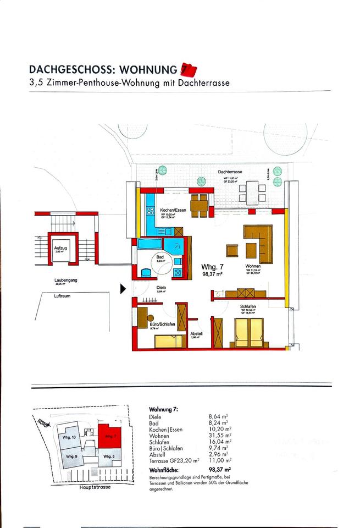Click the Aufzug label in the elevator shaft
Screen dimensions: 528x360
[59, 249]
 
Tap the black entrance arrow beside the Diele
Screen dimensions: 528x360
[123, 288]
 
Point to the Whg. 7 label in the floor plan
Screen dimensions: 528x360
[212, 266]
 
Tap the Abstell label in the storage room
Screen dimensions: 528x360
[197, 333]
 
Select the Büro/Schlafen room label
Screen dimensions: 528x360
[163, 325]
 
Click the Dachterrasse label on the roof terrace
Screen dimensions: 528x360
[230, 172]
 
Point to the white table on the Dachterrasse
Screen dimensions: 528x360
[252, 193]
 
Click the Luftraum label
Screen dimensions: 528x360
[62, 296]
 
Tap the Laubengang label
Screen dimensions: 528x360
[65, 280]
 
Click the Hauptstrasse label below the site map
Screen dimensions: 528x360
[95, 487]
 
